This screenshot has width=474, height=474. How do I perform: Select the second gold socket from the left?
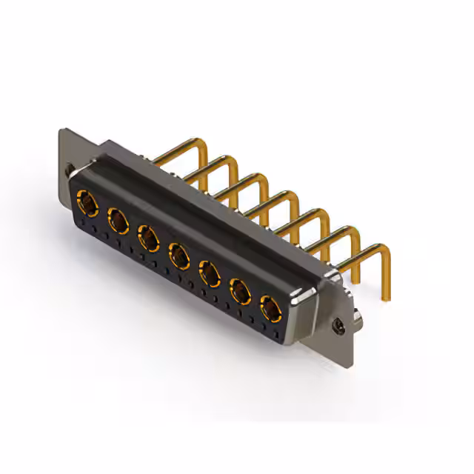[x=117, y=218]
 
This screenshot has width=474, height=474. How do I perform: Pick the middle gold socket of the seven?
[x=178, y=256]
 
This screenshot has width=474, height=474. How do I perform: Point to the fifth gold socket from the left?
[x=210, y=274]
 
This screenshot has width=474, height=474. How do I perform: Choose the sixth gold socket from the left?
[x=240, y=292]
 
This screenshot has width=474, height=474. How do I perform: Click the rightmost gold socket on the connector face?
[x=269, y=308]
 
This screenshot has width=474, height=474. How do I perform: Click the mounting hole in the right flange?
[x=339, y=324]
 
